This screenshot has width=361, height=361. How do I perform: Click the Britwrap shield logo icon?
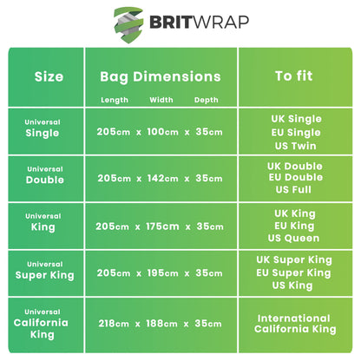[128, 24]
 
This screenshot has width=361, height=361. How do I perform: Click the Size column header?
[49, 76]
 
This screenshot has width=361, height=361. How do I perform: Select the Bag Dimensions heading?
[161, 77]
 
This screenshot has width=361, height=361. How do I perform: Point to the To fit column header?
[294, 76]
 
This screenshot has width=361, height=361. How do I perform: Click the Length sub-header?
[115, 100]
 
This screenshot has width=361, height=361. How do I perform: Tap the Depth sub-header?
[207, 100]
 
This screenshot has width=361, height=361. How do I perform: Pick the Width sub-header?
[161, 100]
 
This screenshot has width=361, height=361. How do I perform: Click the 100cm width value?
[163, 132]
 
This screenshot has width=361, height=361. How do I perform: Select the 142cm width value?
[163, 178]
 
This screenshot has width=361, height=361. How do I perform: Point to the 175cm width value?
[162, 226]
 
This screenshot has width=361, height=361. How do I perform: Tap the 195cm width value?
[163, 273]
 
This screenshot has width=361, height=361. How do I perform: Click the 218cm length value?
[114, 324]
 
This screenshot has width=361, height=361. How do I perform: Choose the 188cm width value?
[162, 324]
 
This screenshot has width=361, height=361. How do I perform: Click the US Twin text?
[295, 146]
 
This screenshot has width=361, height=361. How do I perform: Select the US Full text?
[293, 190]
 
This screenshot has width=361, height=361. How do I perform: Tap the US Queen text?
[293, 239]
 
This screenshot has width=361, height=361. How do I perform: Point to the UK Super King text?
[294, 260]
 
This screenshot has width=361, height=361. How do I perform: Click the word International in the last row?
[294, 318]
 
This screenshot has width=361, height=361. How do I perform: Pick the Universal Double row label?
[45, 175]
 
